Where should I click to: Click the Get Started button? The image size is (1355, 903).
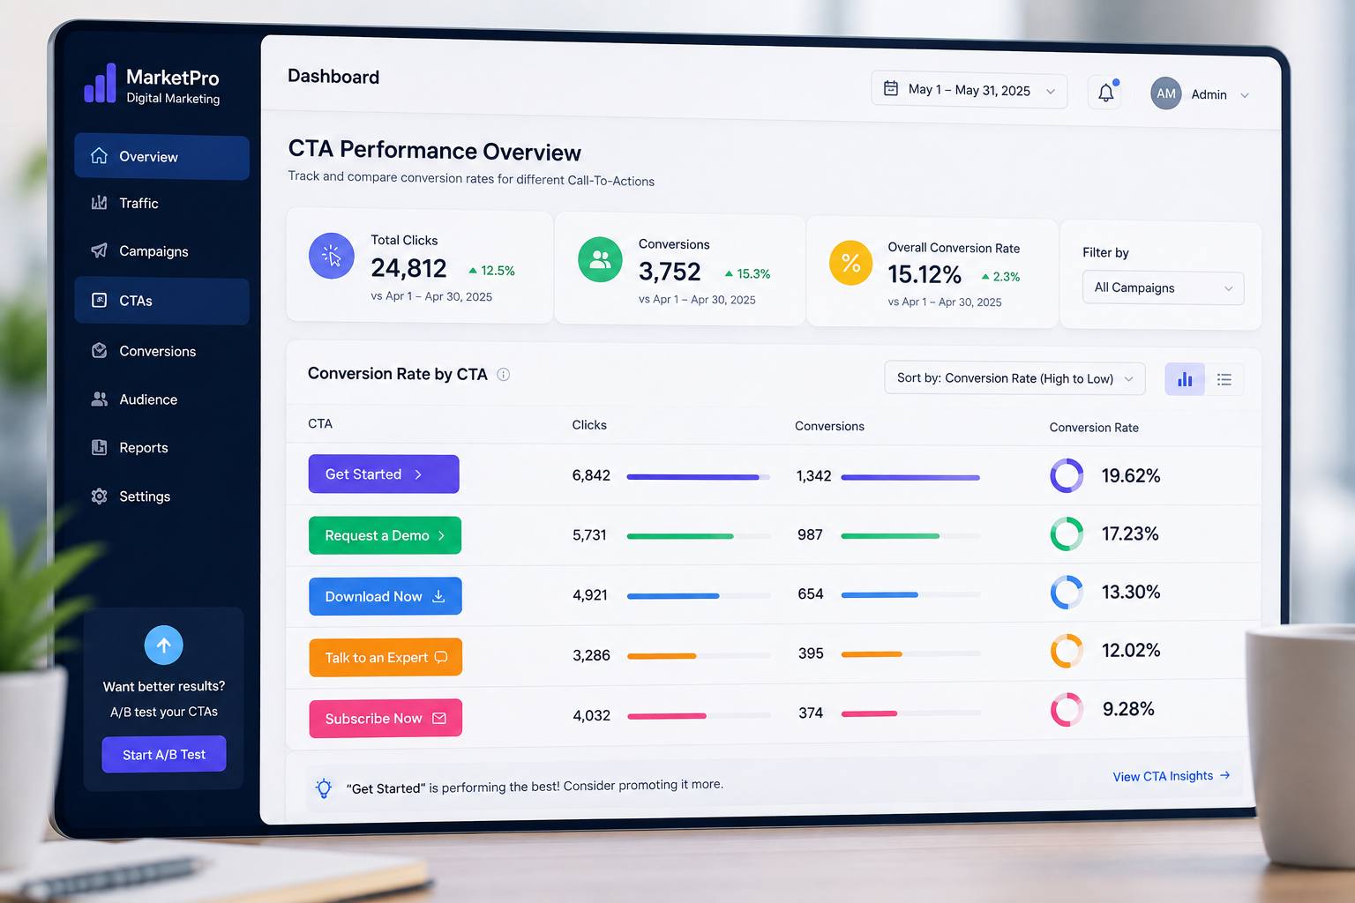pyautogui.click(x=384, y=474)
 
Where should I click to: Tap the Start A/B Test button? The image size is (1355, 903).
pyautogui.click(x=164, y=754)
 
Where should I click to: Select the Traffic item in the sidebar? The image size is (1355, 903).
pyautogui.click(x=138, y=203)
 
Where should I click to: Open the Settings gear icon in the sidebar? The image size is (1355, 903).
pyautogui.click(x=99, y=496)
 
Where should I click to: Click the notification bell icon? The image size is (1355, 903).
pyautogui.click(x=1105, y=93)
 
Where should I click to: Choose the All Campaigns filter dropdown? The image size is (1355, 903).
pyautogui.click(x=1163, y=287)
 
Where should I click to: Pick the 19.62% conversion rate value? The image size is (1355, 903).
pyautogui.click(x=1131, y=476)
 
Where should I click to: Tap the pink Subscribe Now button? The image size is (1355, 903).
pyautogui.click(x=386, y=718)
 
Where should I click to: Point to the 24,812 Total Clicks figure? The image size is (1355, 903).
pyautogui.click(x=408, y=269)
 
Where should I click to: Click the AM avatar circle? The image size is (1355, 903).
pyautogui.click(x=1165, y=93)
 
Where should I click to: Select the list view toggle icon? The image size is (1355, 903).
pyautogui.click(x=1224, y=379)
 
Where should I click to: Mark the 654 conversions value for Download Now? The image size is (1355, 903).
pyautogui.click(x=810, y=594)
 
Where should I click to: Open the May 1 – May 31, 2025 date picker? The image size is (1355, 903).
pyautogui.click(x=969, y=91)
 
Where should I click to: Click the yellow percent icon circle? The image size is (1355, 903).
pyautogui.click(x=850, y=263)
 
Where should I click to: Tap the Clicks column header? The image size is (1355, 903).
pyautogui.click(x=589, y=424)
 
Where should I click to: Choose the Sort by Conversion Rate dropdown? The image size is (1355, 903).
pyautogui.click(x=1014, y=378)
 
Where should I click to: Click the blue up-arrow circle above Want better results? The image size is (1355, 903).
pyautogui.click(x=163, y=646)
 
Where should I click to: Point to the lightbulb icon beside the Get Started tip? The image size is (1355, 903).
pyautogui.click(x=324, y=788)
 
